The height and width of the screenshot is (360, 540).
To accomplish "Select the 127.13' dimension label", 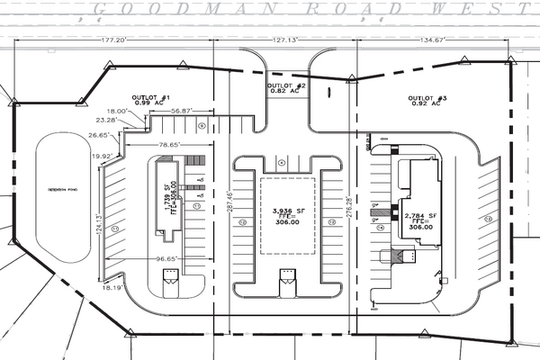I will coord(284,40).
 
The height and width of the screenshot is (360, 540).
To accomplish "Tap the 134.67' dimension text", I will coord(434,40).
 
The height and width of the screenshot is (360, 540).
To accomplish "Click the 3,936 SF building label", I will coord(289,211).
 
